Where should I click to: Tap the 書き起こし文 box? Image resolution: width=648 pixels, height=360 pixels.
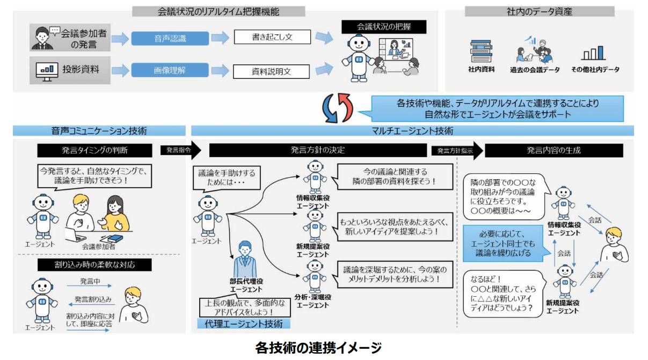tap(272, 37)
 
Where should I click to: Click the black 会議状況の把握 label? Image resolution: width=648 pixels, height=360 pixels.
tap(384, 26)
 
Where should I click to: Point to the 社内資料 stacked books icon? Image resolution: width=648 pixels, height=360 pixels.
tap(481, 50)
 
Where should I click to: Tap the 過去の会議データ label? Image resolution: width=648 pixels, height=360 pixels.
tap(535, 70)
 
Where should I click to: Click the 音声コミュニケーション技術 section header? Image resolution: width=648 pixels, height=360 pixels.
tap(99, 130)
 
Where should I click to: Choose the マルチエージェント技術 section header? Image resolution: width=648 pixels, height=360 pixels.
tap(412, 130)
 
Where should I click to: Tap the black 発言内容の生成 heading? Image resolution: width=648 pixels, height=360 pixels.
tap(554, 151)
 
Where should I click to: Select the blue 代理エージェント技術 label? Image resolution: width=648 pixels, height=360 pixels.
tap(244, 324)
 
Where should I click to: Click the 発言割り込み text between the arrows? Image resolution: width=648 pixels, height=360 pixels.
tap(92, 299)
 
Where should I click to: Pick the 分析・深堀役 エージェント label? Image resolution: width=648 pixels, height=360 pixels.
tap(312, 301)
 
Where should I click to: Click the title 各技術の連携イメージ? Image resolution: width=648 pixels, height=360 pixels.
tap(318, 348)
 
